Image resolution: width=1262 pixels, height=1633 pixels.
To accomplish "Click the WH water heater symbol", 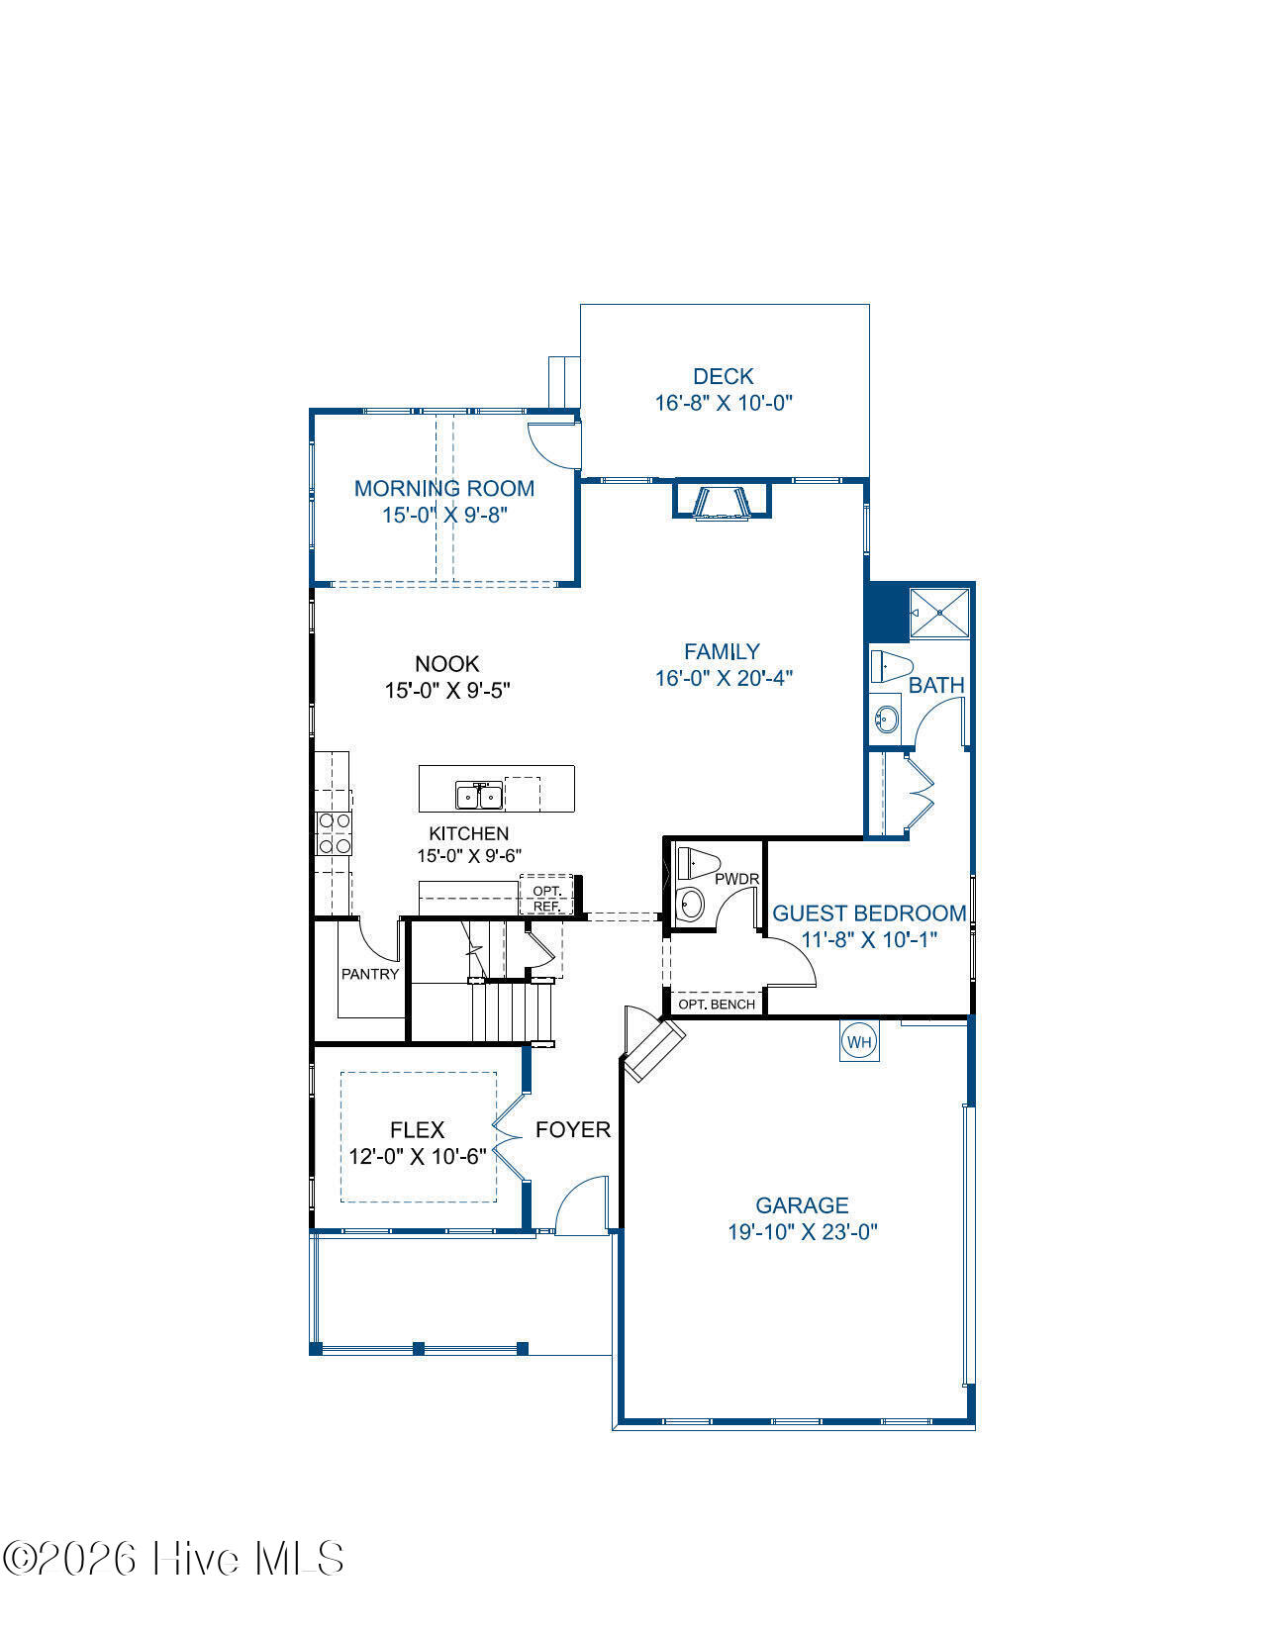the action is (859, 1041).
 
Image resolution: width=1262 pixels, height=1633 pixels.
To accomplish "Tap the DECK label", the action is (724, 376).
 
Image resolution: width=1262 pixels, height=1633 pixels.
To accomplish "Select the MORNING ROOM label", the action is (444, 489).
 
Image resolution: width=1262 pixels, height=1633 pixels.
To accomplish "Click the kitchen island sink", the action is (479, 795).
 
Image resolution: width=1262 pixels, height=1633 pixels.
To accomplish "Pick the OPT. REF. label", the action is (547, 899).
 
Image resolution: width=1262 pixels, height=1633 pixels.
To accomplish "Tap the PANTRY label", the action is (370, 974).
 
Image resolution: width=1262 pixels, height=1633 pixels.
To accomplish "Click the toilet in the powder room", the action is (698, 863).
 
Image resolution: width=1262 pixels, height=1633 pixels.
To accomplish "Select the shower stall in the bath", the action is (939, 614).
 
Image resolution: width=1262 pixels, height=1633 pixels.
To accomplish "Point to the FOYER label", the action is (573, 1129).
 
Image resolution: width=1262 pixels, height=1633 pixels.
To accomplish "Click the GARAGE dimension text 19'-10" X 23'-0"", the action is (802, 1232).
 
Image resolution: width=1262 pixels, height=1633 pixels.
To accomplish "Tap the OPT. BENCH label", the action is (717, 1004).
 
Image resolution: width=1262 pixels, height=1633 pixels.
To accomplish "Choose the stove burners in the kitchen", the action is (335, 833).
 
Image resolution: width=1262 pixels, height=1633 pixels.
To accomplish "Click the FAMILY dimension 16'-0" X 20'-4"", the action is (724, 678).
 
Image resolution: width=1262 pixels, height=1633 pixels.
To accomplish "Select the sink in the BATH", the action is (886, 719).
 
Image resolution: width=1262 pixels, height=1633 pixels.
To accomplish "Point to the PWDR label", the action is (736, 879).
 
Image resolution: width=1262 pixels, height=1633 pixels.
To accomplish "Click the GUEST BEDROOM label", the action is (869, 913).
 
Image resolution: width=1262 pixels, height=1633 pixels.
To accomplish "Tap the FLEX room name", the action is (417, 1129).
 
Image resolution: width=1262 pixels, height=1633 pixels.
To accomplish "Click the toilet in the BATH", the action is (892, 666).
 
